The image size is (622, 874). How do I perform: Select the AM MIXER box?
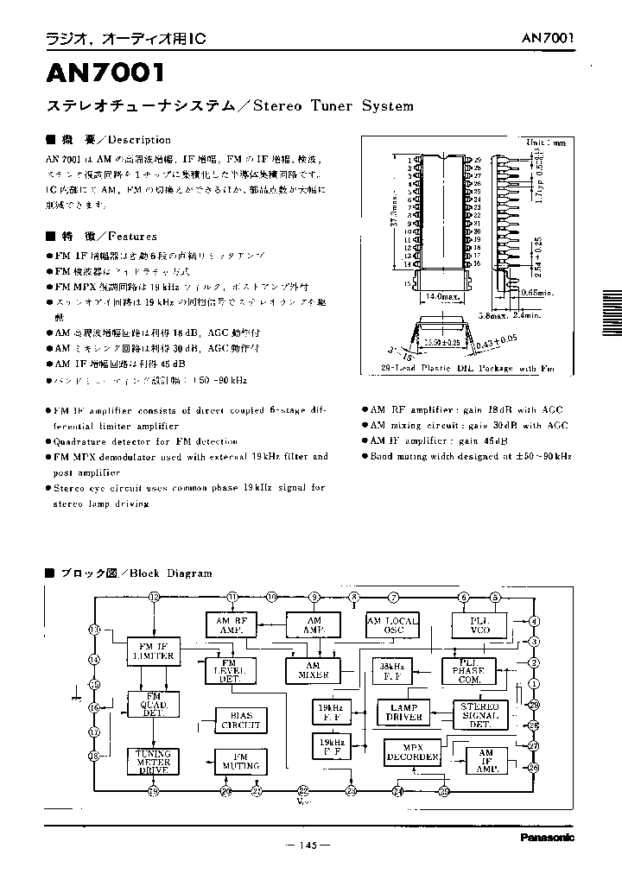(313, 670)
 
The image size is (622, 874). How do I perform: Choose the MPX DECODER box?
(414, 752)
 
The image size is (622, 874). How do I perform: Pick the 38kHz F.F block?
(397, 669)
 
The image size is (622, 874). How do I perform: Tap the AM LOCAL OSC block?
(393, 625)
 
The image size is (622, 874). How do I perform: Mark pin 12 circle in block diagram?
(155, 597)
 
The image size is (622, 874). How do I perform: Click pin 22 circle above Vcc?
(302, 790)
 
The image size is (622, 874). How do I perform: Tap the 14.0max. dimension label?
(441, 295)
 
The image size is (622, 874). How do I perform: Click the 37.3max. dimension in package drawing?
(394, 221)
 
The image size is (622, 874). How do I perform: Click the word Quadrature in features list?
(78, 440)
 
